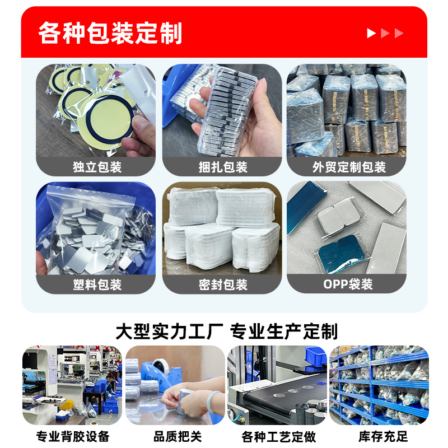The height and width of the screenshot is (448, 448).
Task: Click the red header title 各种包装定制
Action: pos(110,33)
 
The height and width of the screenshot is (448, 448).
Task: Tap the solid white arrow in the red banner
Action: pos(371,33)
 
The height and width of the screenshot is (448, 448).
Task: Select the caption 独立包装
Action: pos(97,167)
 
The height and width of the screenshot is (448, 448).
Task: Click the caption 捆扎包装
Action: pos(223,167)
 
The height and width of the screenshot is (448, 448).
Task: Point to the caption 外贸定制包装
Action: pos(349,167)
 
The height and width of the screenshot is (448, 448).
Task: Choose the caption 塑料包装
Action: pos(97,285)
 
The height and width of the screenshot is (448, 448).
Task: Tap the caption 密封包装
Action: pos(223,285)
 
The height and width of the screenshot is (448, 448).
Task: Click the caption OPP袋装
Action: pos(348,284)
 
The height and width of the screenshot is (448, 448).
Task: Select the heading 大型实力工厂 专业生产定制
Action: pos(227,332)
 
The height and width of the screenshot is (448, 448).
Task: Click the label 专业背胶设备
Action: pos(73,436)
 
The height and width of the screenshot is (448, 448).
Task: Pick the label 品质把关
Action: pos(178,436)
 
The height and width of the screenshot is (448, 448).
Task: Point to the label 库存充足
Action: pos(383,436)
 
